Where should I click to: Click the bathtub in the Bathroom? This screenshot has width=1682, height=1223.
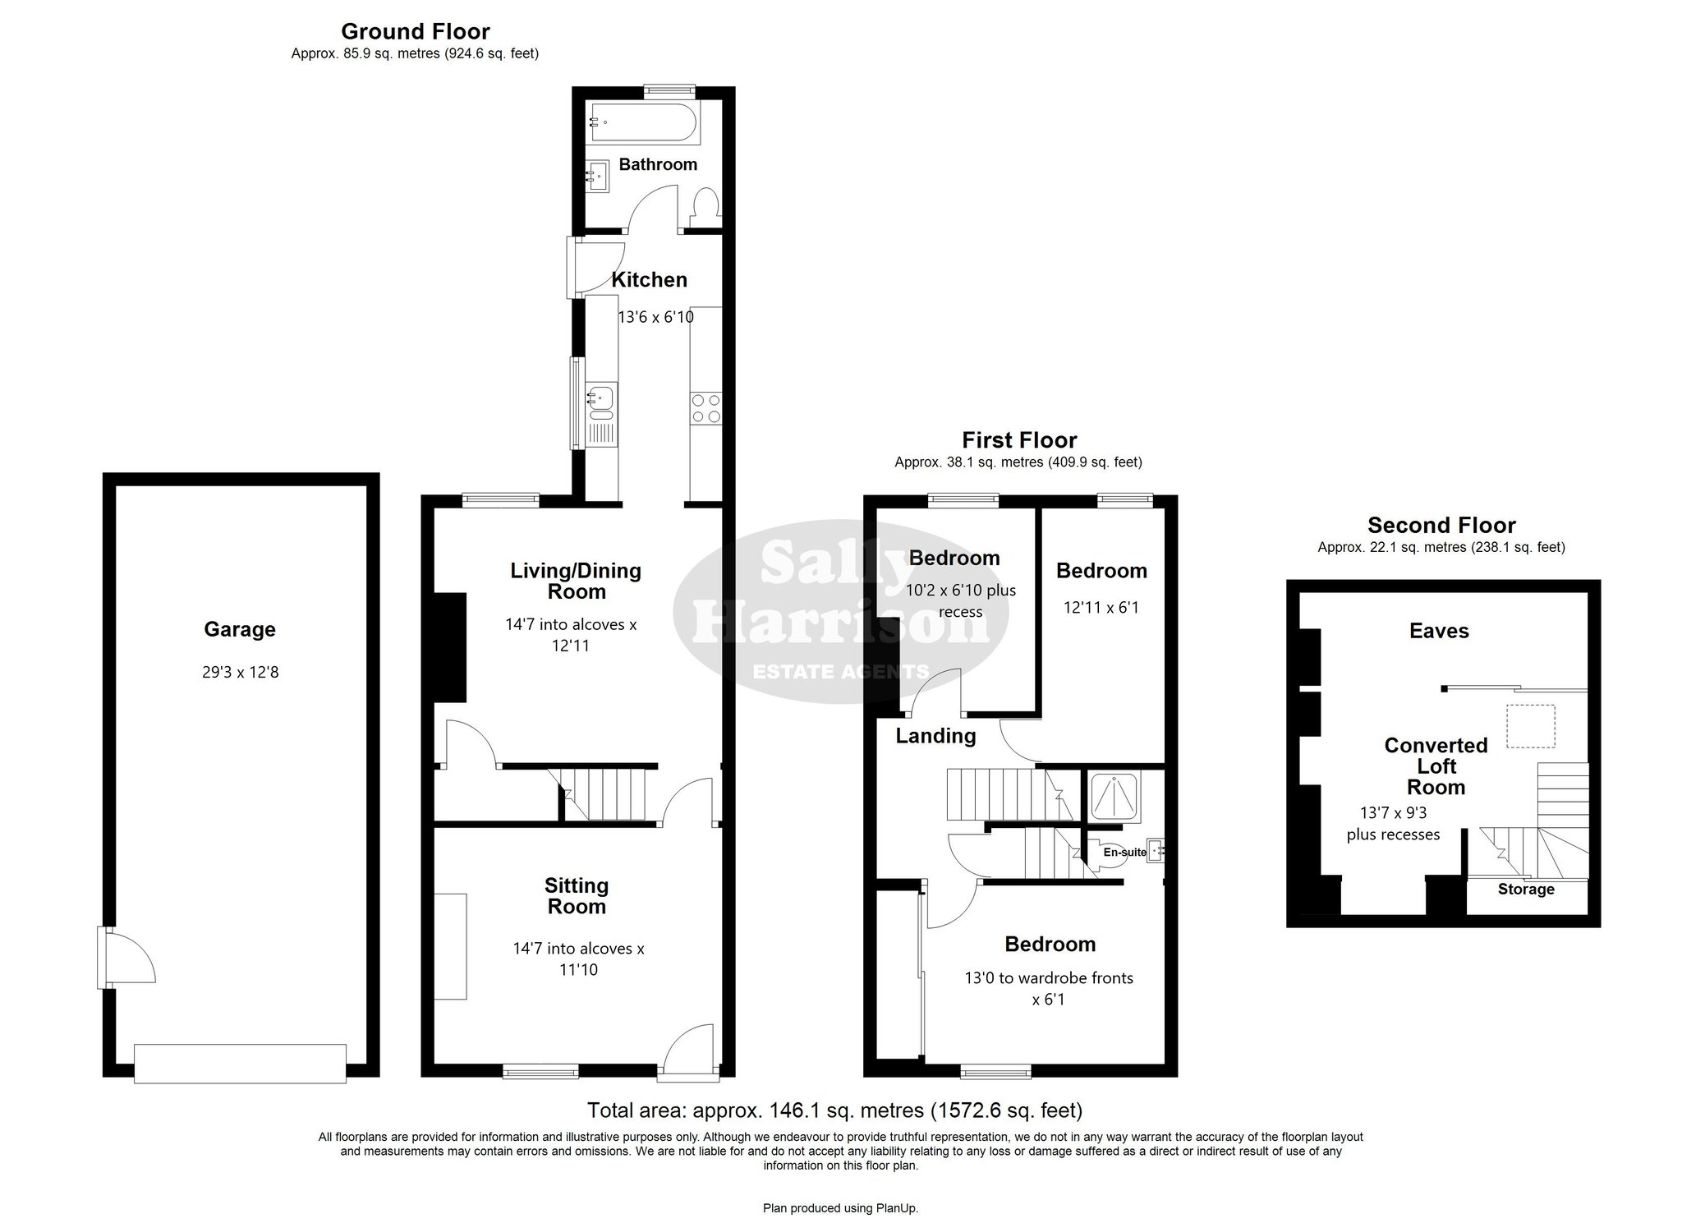[x=642, y=124]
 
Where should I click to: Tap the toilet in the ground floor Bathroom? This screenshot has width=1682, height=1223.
[x=705, y=208]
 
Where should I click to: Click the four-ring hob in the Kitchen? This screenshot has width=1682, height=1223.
[x=706, y=408]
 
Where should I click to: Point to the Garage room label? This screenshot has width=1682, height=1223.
[x=240, y=629]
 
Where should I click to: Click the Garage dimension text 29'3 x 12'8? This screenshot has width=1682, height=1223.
[x=241, y=672]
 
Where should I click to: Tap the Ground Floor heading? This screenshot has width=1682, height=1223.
[x=416, y=31]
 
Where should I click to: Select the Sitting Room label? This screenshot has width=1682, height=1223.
[x=577, y=895]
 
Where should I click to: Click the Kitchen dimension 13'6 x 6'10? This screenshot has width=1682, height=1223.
[x=655, y=316]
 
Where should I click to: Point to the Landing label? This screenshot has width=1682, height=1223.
[x=935, y=736]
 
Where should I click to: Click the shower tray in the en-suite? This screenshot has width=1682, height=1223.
[x=1114, y=796]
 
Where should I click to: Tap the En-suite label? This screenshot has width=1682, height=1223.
[x=1124, y=853]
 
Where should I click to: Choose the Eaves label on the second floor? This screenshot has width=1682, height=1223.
[x=1439, y=631]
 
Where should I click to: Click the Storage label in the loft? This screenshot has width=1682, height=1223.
[x=1526, y=889]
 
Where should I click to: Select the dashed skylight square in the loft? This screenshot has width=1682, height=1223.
[x=1530, y=726]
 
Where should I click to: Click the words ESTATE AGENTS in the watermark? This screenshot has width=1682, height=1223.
[x=841, y=672]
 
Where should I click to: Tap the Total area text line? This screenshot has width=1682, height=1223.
[x=834, y=1110]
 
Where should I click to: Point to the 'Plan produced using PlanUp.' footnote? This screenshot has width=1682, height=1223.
[x=840, y=1208]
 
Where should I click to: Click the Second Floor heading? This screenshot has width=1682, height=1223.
[x=1441, y=525]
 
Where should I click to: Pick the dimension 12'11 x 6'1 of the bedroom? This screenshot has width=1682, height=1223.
[x=1101, y=608]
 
